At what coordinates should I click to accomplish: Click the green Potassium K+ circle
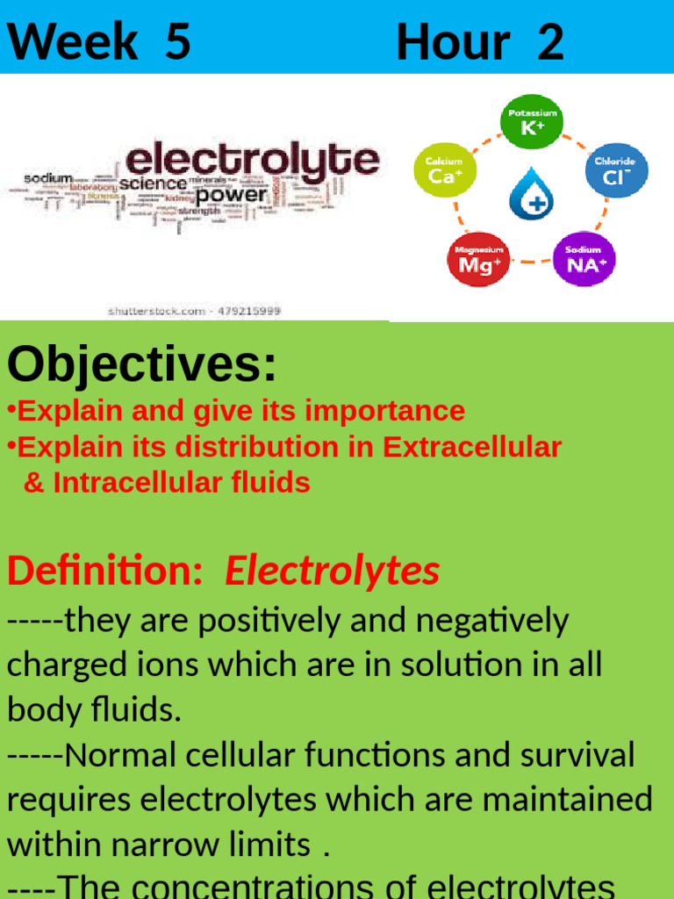(x=531, y=123)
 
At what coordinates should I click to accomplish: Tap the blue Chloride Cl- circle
(x=616, y=170)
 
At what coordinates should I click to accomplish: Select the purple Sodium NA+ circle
(x=584, y=259)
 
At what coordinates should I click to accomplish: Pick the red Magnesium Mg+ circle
(x=478, y=259)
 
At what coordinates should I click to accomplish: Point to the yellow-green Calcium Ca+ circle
(x=444, y=170)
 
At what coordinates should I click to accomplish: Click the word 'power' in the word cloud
(x=231, y=193)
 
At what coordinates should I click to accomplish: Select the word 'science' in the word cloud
(x=153, y=184)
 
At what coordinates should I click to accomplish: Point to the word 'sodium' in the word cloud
(x=48, y=178)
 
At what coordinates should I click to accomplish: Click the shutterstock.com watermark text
(x=193, y=311)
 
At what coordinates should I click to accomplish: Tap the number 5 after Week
(x=177, y=41)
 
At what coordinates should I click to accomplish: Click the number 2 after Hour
(x=550, y=41)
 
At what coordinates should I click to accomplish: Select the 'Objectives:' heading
(x=142, y=364)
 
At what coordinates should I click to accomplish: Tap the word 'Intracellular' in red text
(x=145, y=482)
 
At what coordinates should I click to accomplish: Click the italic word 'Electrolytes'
(x=333, y=572)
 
